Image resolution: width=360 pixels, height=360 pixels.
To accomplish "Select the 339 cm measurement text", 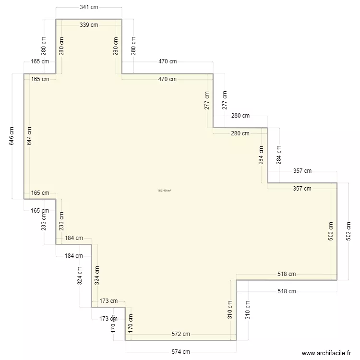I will tap(88, 25).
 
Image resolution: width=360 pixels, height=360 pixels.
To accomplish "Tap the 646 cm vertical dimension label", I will tap(12, 136).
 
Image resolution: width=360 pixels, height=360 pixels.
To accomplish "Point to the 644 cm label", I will tap(30, 136).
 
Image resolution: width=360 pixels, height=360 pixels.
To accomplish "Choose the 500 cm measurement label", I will tap(331, 231).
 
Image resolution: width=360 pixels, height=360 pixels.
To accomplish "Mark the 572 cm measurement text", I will tap(180, 334).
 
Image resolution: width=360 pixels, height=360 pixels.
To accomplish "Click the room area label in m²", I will tap(164, 191).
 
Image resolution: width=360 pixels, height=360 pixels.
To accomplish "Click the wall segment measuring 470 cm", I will tap(167, 74).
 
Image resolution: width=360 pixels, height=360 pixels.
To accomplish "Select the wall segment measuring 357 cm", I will tap(302, 183).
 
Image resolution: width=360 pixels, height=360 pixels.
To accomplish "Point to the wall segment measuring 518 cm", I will tap(287, 280).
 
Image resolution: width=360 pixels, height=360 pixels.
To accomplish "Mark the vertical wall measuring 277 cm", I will tap(213, 101).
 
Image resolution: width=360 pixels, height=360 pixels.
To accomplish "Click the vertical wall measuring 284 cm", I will tap(267, 155).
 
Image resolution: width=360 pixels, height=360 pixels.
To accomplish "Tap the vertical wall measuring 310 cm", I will tap(236, 310).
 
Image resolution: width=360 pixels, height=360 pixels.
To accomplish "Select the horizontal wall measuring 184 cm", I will tap(74, 244).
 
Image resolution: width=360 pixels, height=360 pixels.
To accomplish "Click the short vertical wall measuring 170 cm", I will tap(125, 324).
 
